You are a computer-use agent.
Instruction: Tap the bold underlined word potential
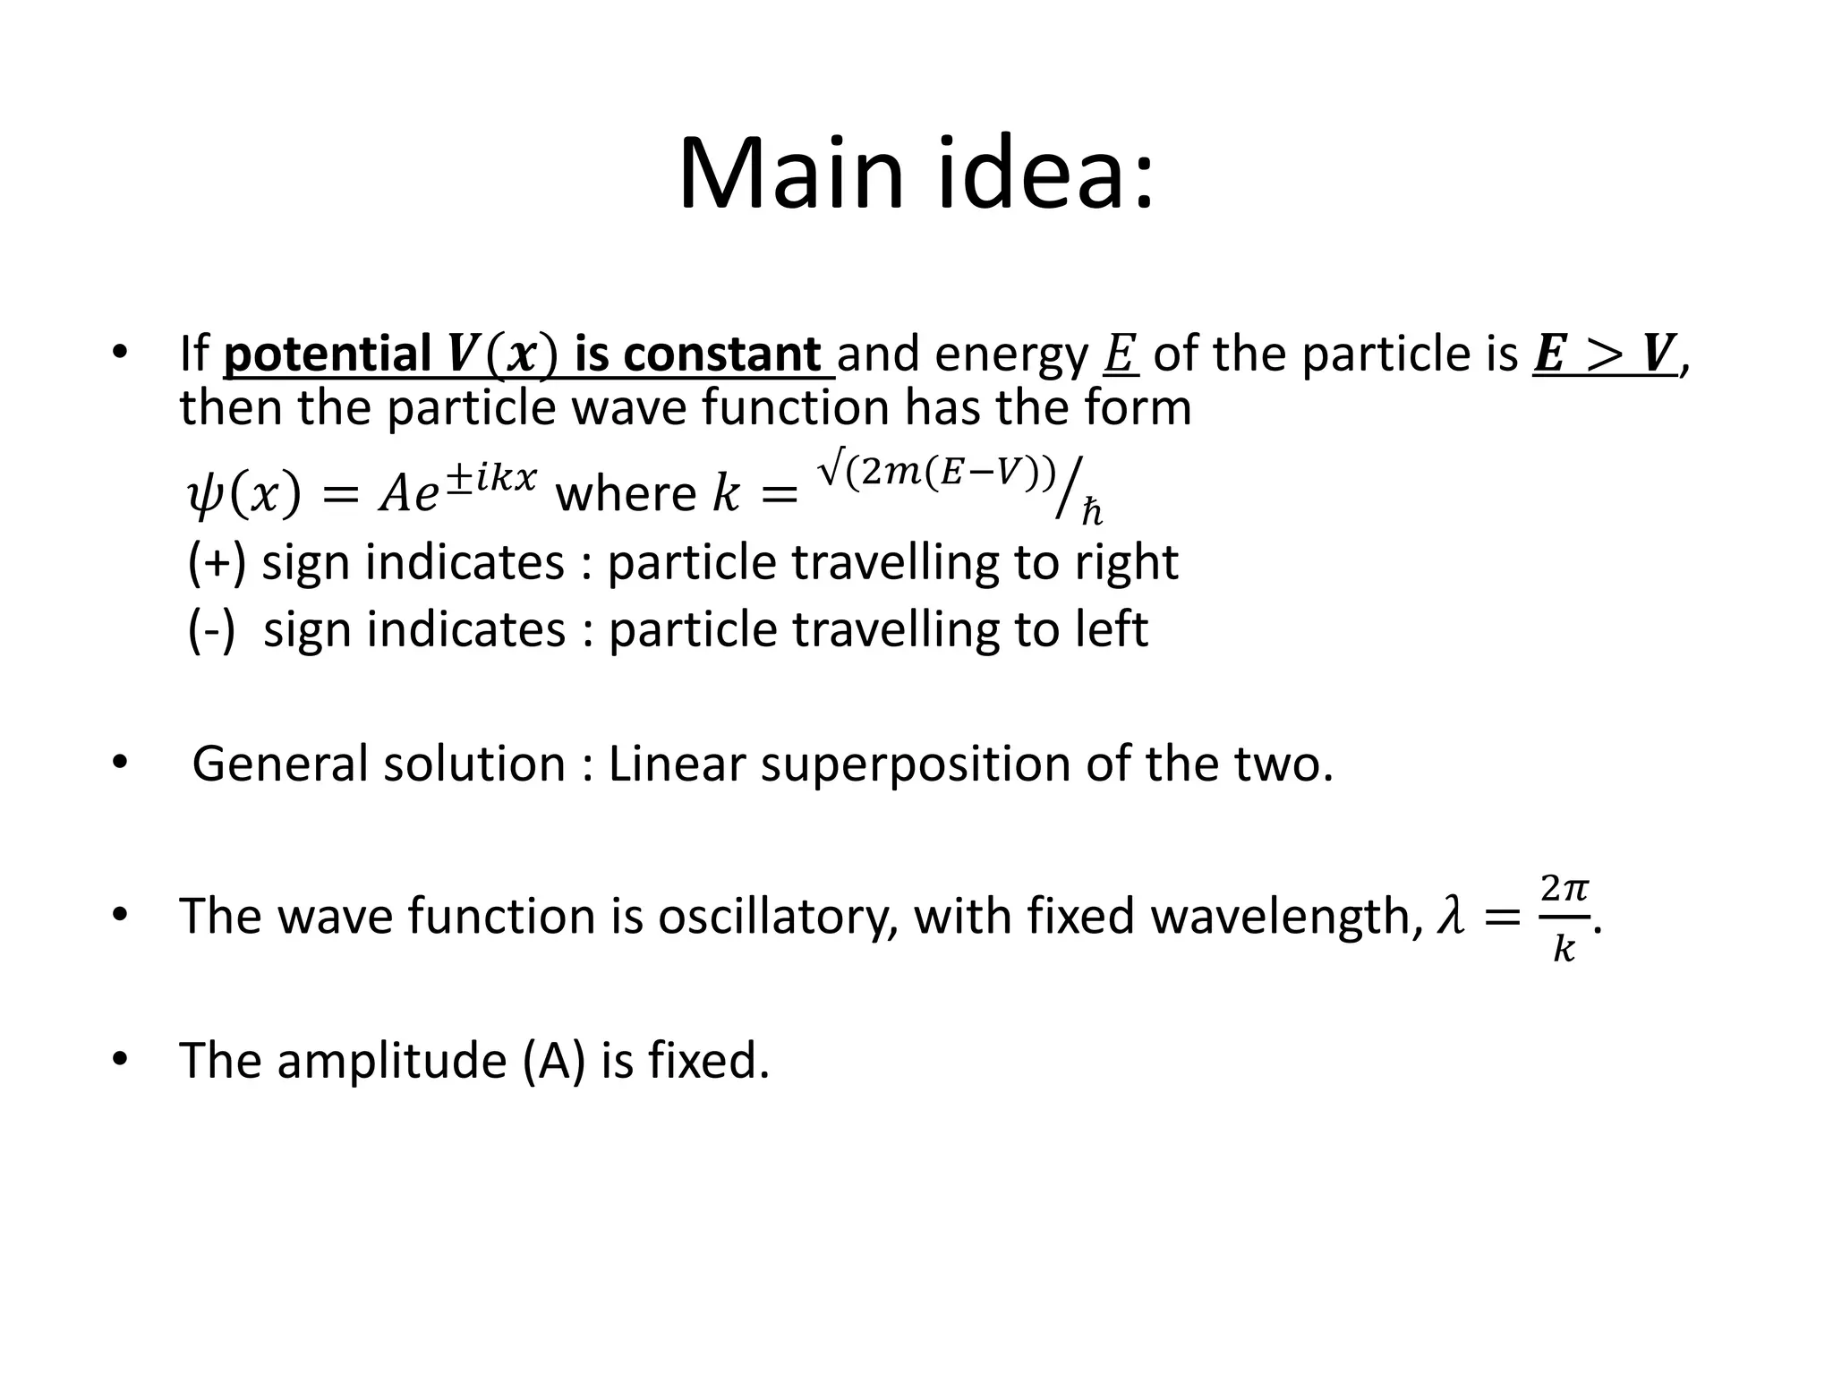pos(327,354)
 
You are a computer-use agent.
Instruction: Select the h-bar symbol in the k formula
pos(1092,513)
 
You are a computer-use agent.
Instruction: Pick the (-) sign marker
pos(212,628)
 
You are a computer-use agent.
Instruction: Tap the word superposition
pos(915,764)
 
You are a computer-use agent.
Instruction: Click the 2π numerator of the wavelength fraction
pos(1564,889)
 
